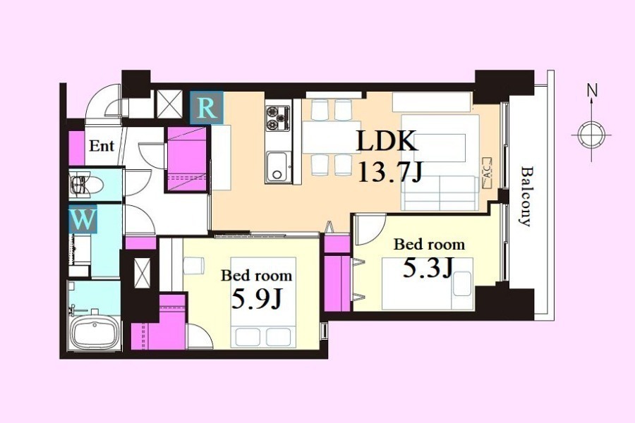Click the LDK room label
click(387, 141)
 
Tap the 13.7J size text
click(390, 173)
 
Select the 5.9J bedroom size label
click(256, 299)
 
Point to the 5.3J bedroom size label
click(428, 268)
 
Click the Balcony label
click(526, 196)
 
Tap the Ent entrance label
click(102, 145)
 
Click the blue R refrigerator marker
click(207, 107)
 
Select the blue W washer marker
click(83, 219)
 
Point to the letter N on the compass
click(592, 91)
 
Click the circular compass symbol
click(591, 135)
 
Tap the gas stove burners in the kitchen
click(278, 118)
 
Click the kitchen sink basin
click(278, 166)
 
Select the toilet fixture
click(84, 185)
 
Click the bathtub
click(95, 332)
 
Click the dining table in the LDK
click(332, 137)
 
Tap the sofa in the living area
click(440, 193)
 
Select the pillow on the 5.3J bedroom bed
click(462, 283)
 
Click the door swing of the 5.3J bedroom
click(370, 230)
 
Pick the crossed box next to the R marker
click(169, 104)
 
